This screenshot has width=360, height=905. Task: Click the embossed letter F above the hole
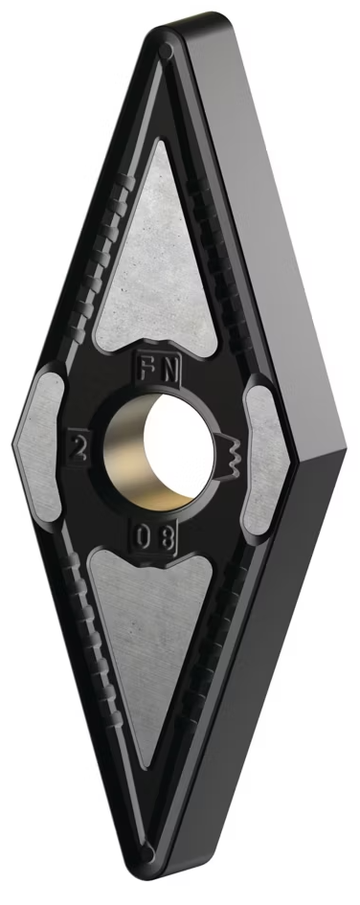coord(145,369)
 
